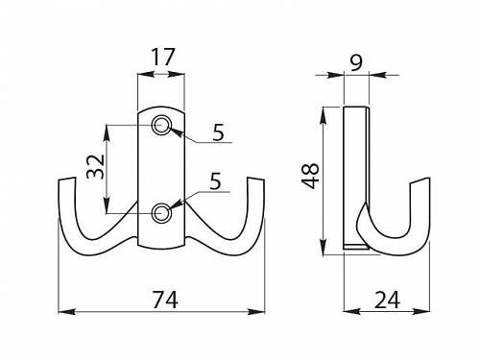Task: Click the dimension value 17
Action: (x=163, y=58)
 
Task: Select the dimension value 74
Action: (x=165, y=300)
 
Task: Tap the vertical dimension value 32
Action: (x=96, y=166)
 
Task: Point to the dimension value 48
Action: (x=311, y=176)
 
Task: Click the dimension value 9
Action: (x=356, y=62)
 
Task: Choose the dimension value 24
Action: (x=387, y=300)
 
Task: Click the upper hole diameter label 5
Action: (x=219, y=132)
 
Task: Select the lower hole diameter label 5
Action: (x=215, y=181)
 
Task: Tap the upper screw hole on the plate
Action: (x=161, y=125)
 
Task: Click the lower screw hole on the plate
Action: (x=161, y=213)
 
